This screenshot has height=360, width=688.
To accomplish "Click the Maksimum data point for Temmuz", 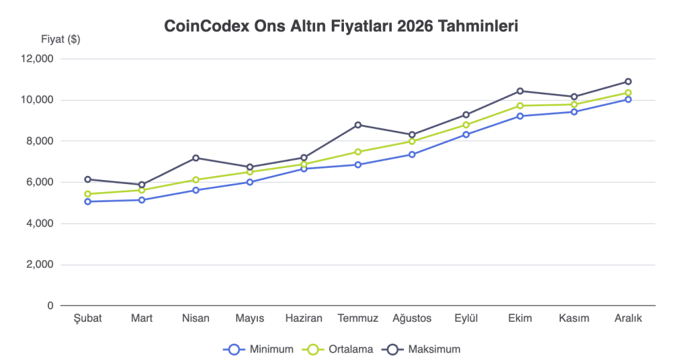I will [x=357, y=124].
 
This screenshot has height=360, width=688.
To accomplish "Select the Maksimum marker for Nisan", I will [x=196, y=158].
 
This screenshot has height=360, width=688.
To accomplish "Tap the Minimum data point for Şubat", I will [x=87, y=201].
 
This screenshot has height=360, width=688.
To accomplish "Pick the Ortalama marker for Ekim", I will [x=519, y=105].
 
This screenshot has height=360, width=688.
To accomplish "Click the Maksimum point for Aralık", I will [x=628, y=81].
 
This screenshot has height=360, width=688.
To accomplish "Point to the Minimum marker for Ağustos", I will [x=411, y=154].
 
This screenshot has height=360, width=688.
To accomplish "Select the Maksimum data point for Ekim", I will [x=519, y=91].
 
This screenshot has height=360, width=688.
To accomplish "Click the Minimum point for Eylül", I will [x=466, y=134].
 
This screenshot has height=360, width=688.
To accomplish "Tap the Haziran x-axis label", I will [x=304, y=318].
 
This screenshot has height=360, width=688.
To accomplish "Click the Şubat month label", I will [x=87, y=318].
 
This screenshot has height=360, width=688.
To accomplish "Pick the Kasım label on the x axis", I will [x=574, y=318].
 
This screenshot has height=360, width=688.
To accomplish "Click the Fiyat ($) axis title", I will [x=60, y=39].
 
